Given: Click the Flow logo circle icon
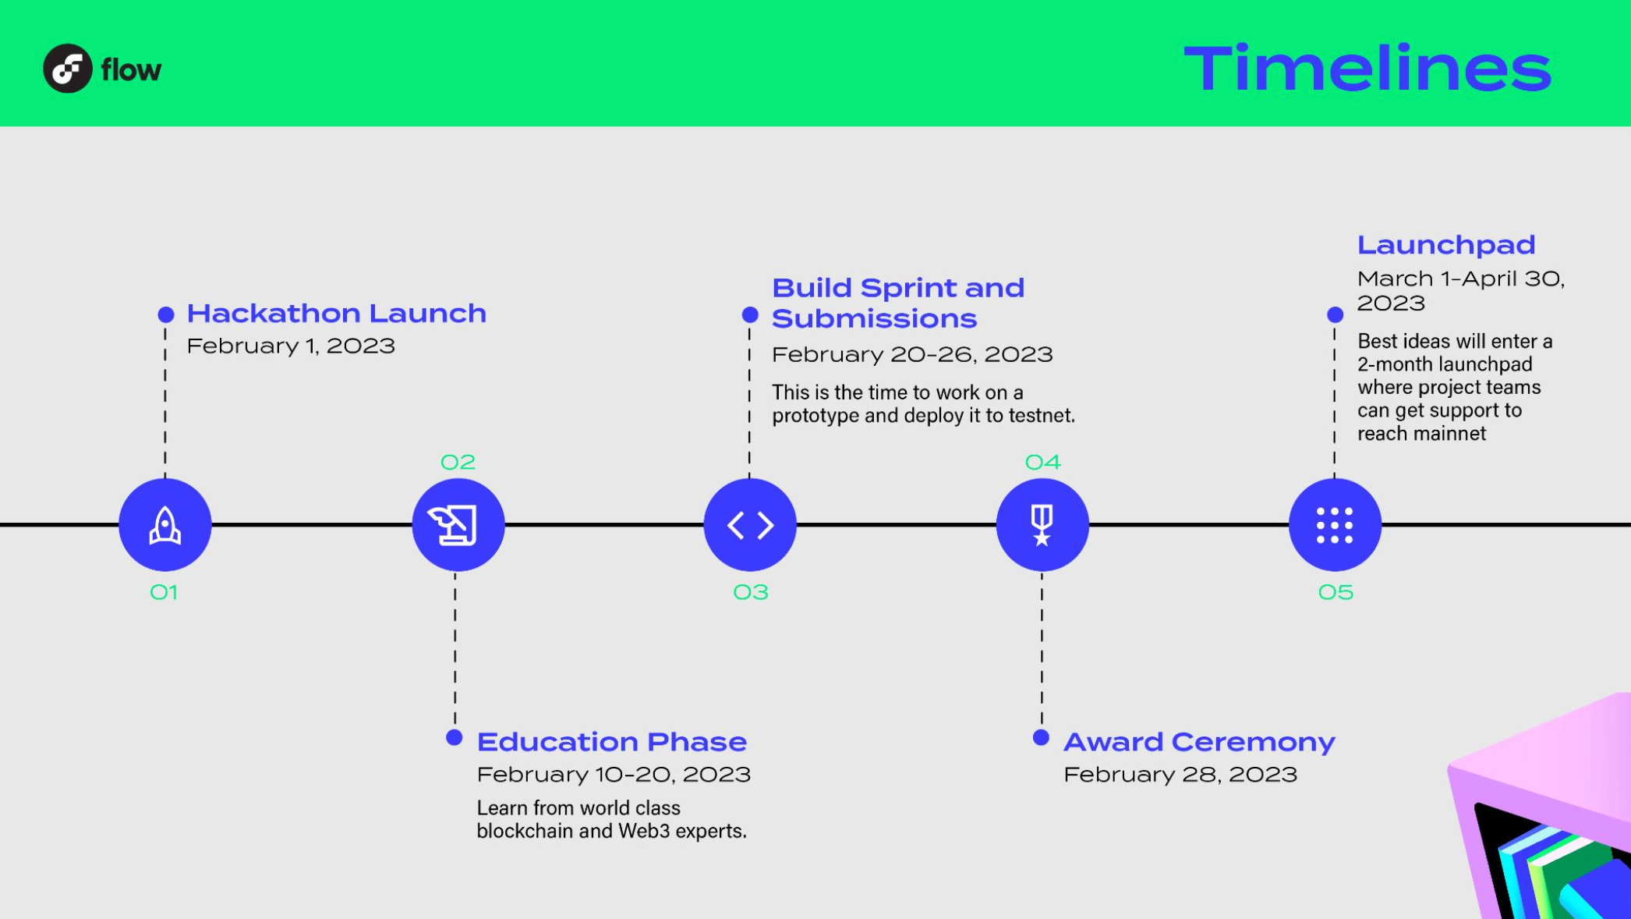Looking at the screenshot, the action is (x=68, y=69).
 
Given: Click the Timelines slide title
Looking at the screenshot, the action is (x=1367, y=69).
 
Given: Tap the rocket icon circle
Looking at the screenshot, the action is (x=165, y=525).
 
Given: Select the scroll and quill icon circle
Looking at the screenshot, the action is (x=458, y=525).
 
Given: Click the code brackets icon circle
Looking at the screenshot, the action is (x=750, y=525).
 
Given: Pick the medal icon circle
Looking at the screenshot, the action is (x=1042, y=525).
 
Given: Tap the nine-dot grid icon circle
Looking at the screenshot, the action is (x=1335, y=525).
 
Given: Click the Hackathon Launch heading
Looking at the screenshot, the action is (x=337, y=314).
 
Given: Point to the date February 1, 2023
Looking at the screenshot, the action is (x=291, y=346).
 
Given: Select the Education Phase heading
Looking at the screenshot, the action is (x=612, y=742).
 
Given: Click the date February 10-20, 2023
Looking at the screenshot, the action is (x=614, y=775).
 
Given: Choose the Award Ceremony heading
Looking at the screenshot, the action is (x=1199, y=742).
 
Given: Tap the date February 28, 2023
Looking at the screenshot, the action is (x=1180, y=775).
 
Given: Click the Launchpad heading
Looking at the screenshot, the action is (x=1446, y=246).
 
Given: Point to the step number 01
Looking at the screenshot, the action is (x=164, y=593).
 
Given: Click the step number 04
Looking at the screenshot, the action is (x=1043, y=463).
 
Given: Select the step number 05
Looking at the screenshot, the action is (x=1336, y=593).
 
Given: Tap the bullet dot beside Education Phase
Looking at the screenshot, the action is (x=455, y=737).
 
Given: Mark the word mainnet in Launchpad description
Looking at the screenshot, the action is (x=1455, y=434).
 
